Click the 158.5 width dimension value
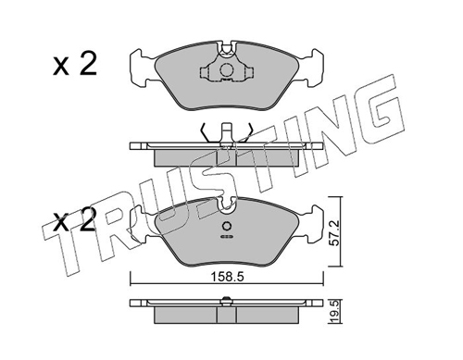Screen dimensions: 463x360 228,277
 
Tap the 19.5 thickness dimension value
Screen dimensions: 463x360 336,312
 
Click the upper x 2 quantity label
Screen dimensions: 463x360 75,65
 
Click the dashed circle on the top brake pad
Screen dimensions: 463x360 226,70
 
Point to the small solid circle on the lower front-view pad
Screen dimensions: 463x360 227,227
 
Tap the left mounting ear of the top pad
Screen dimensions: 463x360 142,68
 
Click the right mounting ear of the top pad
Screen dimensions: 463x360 312,68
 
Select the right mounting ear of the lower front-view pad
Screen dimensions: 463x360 312,223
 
